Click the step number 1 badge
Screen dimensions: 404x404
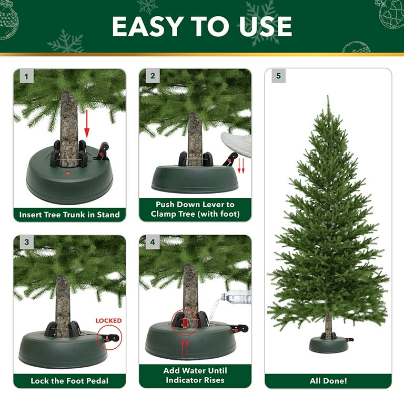coord(26,76)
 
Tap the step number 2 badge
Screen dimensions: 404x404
coord(153,76)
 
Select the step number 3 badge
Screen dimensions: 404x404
coord(26,242)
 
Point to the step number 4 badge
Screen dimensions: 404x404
coord(153,242)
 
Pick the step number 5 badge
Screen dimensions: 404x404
coord(278,76)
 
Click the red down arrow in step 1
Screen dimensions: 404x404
coord(87,124)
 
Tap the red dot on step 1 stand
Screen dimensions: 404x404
coord(68,174)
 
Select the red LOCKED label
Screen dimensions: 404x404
coord(108,321)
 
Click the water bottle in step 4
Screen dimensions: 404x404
coord(237,297)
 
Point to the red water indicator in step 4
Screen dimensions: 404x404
coord(185,323)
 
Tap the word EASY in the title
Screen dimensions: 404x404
coord(148,26)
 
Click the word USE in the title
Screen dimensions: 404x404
coord(265,26)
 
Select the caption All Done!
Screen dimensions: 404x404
coord(328,381)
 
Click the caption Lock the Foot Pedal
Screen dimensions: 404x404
coord(69,381)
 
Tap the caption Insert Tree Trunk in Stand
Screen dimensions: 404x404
coord(69,215)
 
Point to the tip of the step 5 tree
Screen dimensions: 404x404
coord(328,96)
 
